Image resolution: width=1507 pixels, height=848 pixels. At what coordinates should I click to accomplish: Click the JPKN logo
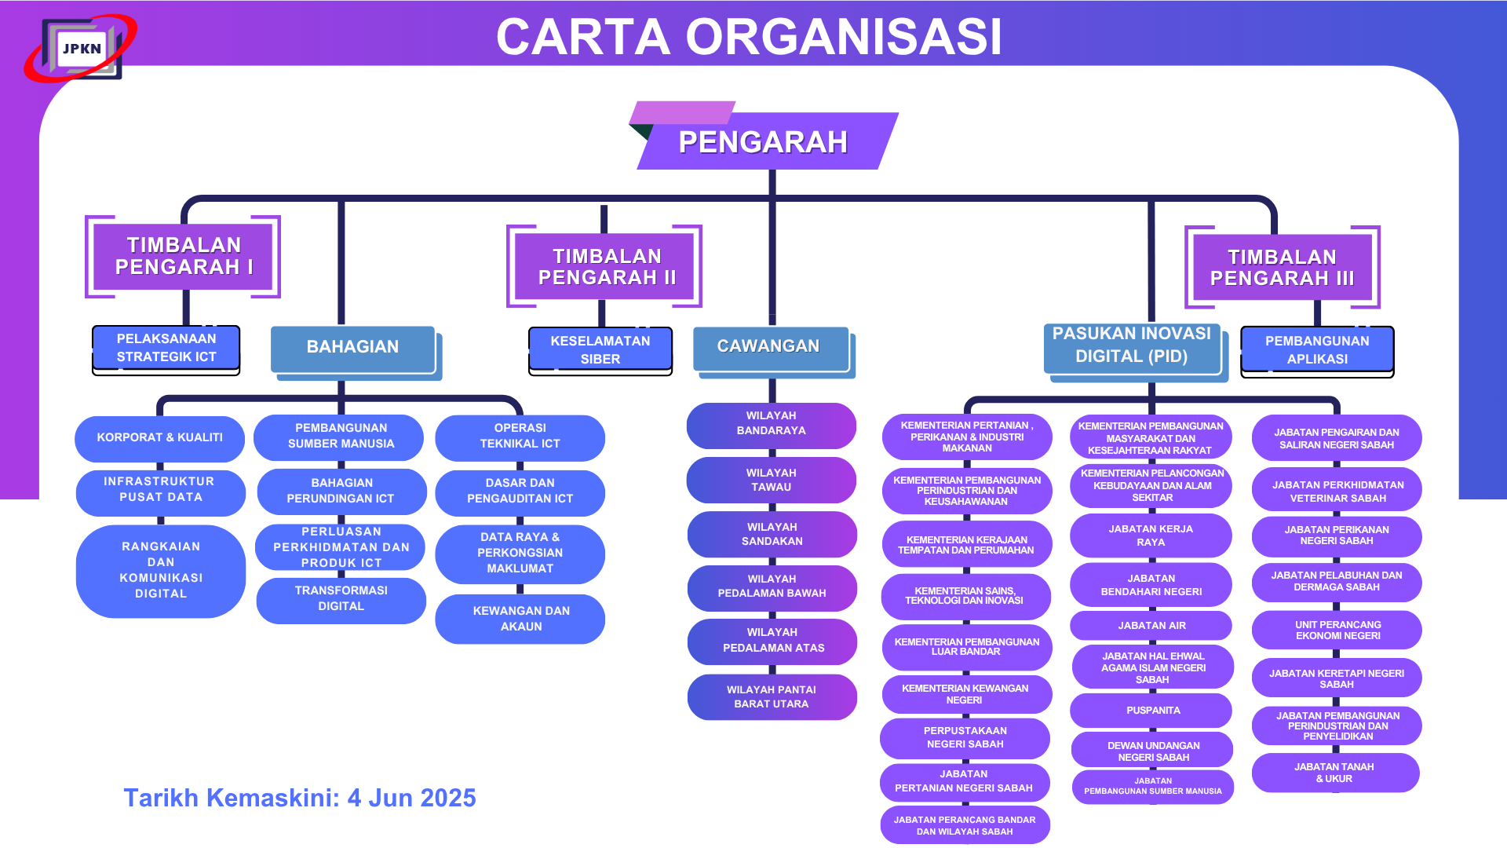[x=81, y=49]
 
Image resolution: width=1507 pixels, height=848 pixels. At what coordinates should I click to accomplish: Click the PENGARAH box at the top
[x=763, y=142]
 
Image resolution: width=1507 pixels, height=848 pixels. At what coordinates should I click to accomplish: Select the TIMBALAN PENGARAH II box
[x=606, y=267]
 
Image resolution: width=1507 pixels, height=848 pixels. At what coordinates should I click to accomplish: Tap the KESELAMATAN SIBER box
[x=600, y=350]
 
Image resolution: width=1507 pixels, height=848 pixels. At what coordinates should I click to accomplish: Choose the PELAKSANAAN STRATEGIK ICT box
[x=166, y=348]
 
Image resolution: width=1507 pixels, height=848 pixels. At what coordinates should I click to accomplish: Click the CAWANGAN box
[x=769, y=347]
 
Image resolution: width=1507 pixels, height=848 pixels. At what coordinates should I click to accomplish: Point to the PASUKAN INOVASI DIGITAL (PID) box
[x=1131, y=345]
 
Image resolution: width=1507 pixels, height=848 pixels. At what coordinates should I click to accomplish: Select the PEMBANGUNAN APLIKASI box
[x=1316, y=350]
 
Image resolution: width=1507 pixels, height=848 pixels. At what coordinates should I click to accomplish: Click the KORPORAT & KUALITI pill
[x=160, y=437]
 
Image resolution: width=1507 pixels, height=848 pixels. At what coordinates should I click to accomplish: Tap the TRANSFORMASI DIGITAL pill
[x=341, y=598]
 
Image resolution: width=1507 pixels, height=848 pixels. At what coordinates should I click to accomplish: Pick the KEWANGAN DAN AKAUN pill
[x=520, y=619]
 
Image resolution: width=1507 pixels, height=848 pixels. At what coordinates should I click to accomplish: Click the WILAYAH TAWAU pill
[x=772, y=480]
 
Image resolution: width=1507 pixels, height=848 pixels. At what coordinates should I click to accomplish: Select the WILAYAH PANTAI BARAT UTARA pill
[x=772, y=696]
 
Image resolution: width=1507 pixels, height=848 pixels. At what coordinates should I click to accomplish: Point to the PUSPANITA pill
[x=1152, y=711]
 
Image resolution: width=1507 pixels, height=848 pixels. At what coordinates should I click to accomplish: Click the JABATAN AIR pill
[x=1151, y=626]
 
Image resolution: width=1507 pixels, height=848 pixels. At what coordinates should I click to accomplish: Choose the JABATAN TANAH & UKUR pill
[x=1335, y=773]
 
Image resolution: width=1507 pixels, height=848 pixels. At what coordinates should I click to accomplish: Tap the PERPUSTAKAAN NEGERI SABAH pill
[x=965, y=737]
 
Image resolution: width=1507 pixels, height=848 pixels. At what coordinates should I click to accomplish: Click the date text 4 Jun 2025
[x=411, y=798]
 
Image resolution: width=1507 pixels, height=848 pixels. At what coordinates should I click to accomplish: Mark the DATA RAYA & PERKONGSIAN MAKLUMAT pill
[x=520, y=553]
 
